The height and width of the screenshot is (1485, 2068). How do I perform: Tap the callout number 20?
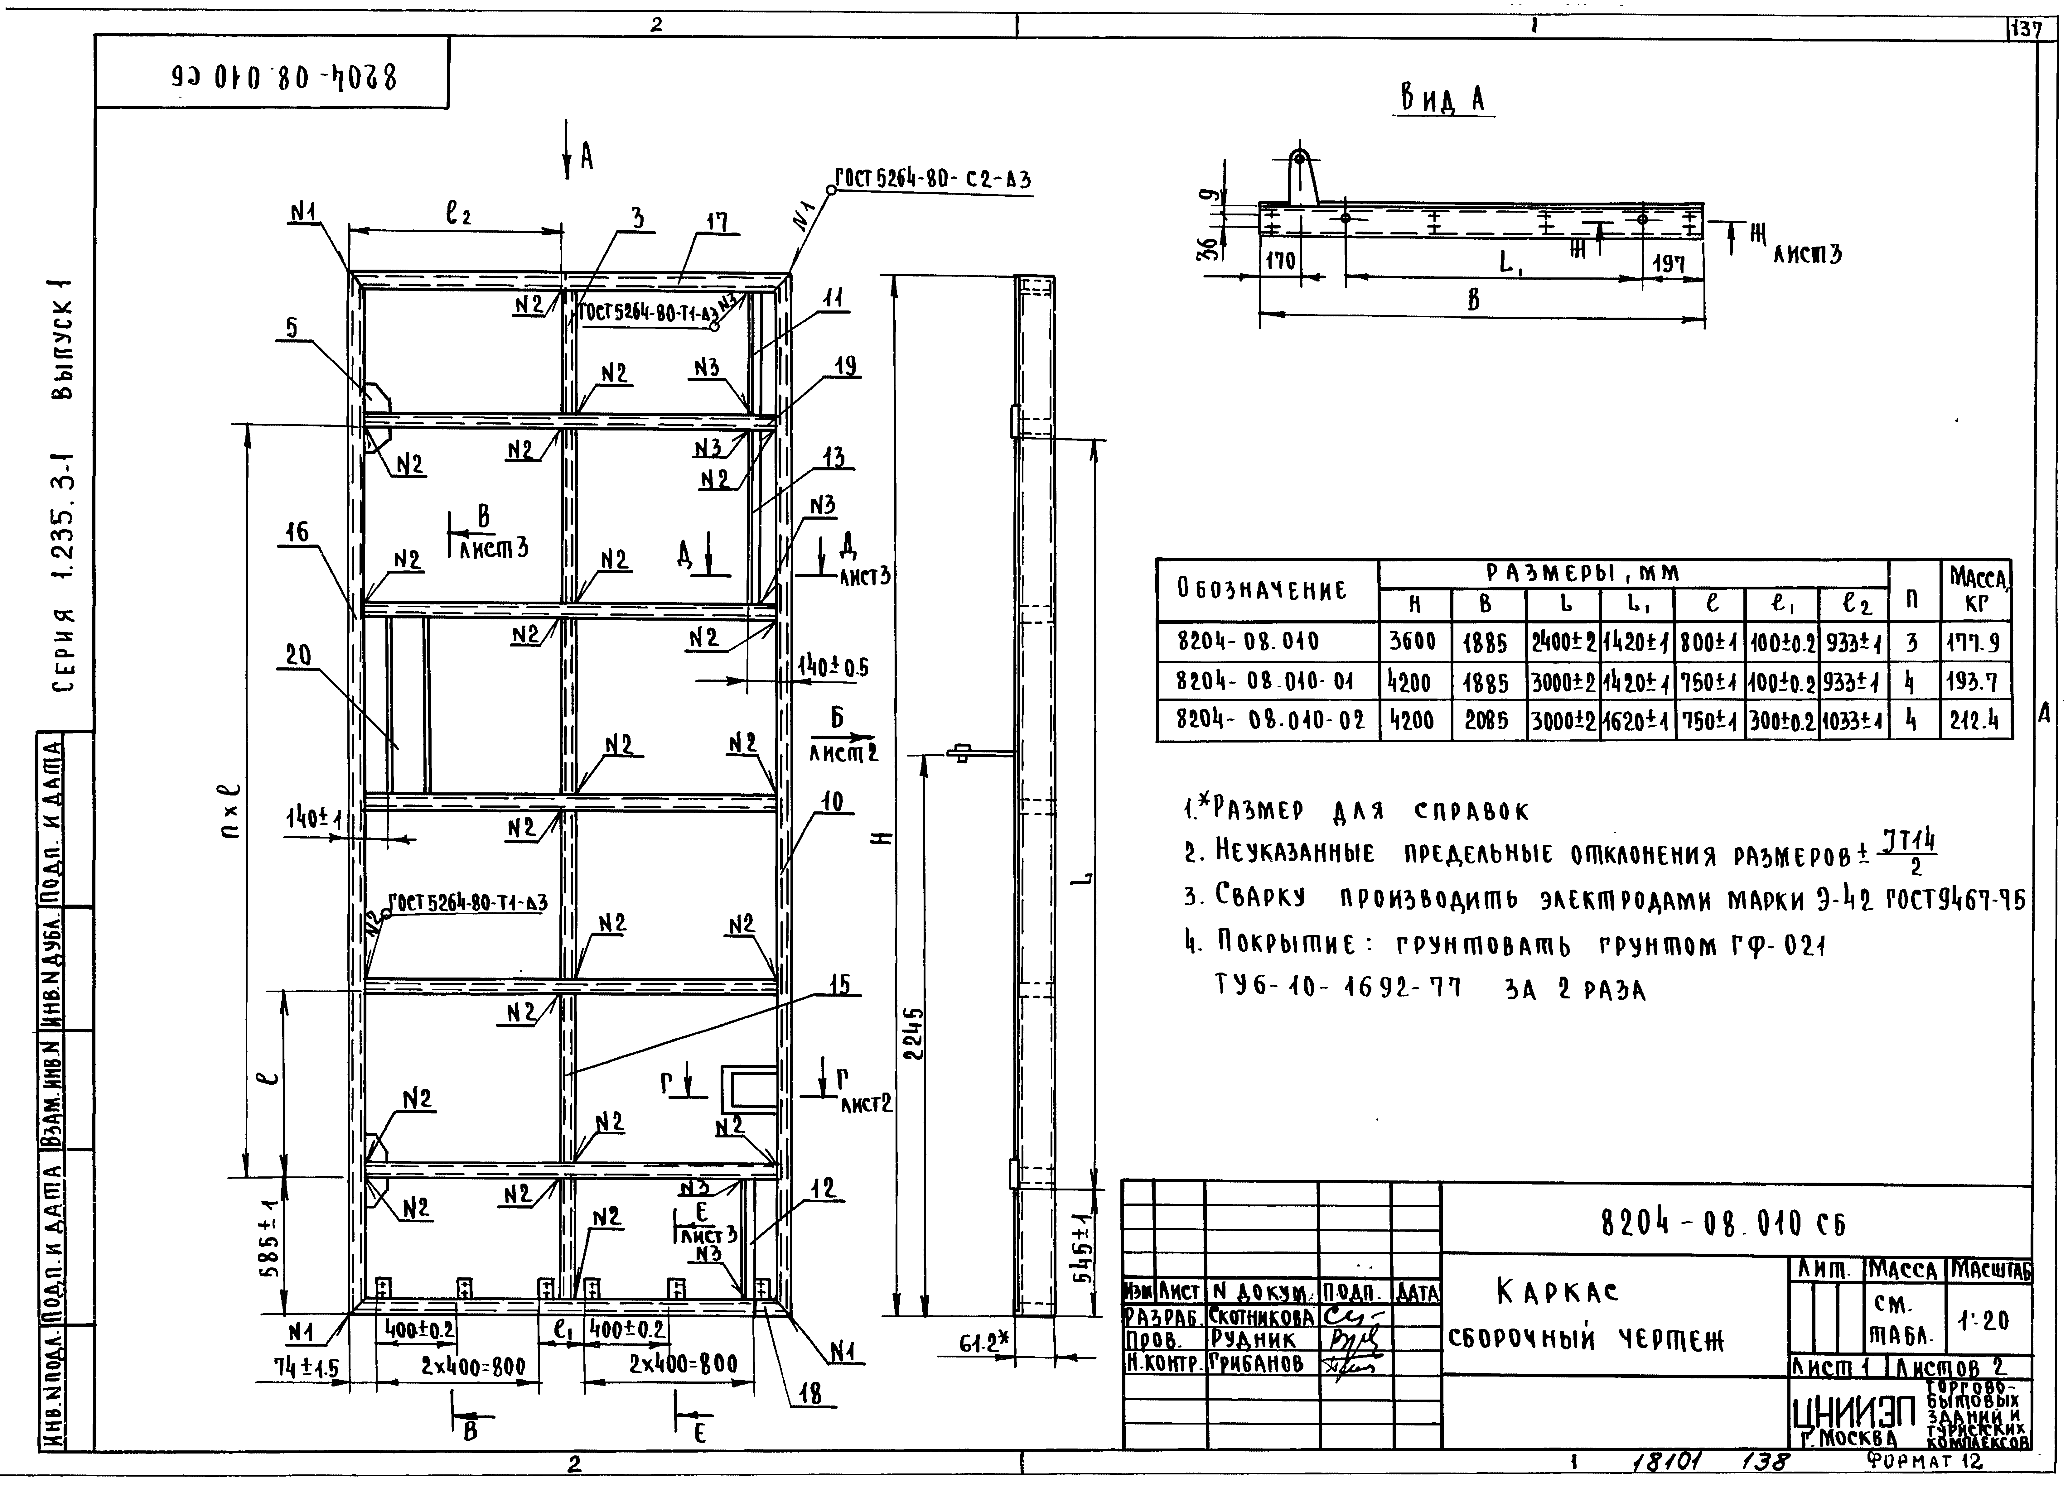(298, 656)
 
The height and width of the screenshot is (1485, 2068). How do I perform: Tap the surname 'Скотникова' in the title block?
(1262, 1316)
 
